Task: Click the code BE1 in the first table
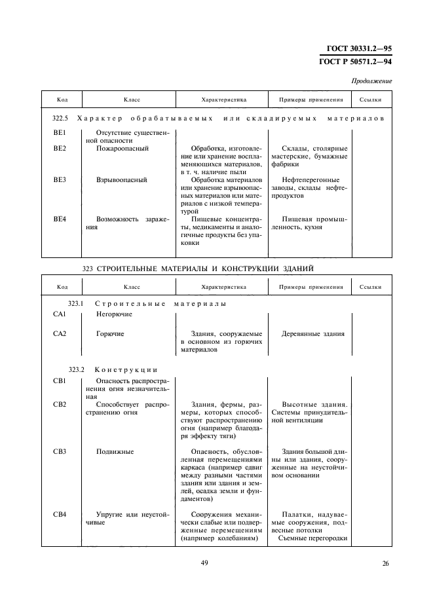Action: point(60,133)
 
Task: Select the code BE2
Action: point(60,149)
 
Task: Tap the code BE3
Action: point(60,179)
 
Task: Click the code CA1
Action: point(60,314)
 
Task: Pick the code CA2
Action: point(60,334)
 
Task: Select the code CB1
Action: point(60,381)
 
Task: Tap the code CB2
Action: point(60,404)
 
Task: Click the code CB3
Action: point(60,451)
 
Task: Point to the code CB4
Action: point(60,514)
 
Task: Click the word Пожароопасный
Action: point(122,149)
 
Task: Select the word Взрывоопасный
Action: point(121,179)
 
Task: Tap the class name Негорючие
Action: point(114,314)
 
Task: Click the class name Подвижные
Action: point(115,451)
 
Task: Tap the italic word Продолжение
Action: point(371,81)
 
